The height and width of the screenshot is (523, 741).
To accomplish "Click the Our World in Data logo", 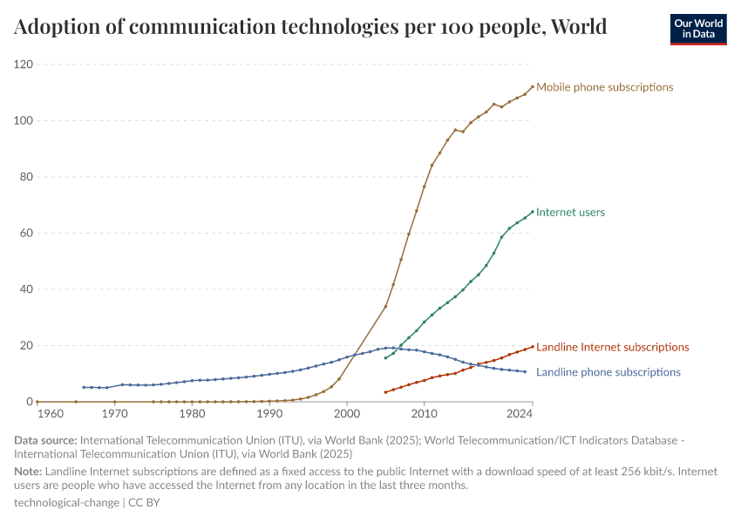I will (697, 29).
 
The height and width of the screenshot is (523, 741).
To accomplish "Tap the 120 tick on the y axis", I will (23, 65).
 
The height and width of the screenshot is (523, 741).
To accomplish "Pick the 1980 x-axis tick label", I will (192, 413).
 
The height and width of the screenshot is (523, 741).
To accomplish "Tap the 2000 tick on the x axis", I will (347, 413).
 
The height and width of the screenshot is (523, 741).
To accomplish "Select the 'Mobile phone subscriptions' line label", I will (604, 87).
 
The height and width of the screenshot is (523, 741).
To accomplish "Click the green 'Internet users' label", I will (570, 212).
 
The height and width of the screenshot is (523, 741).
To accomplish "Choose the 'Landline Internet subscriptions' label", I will (612, 347).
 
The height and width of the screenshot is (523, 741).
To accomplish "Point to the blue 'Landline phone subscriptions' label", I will (608, 372).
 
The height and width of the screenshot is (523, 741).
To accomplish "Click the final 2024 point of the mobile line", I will (533, 86).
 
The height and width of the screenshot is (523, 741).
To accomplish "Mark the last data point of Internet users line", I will (533, 211).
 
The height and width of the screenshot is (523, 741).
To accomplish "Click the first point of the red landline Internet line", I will (385, 392).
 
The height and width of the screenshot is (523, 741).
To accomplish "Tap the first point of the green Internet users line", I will (385, 357).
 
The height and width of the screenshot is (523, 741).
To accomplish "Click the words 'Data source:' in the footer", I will (43, 441).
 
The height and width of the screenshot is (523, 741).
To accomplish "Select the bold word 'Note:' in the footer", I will (29, 472).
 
